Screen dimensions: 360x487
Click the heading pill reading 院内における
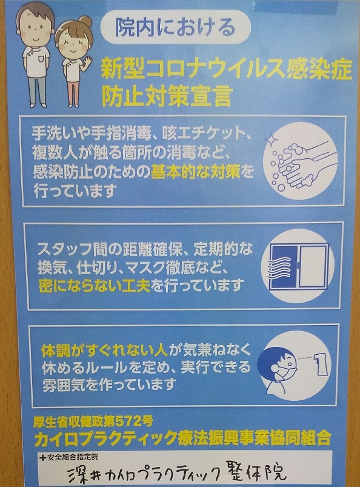point(176,27)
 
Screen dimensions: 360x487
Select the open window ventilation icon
point(298,266)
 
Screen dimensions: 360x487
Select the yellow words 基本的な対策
point(196,172)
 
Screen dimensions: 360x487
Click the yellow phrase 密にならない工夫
point(95,286)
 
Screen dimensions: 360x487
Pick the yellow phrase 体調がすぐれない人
point(105,351)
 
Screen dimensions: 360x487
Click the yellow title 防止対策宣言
point(167,95)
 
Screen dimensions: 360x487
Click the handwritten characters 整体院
point(259,473)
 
